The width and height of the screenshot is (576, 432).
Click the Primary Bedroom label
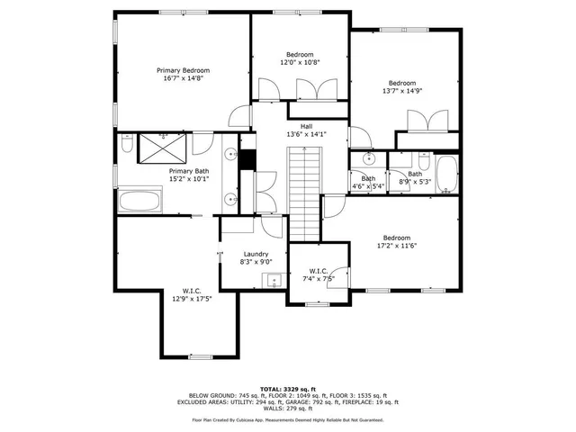click(183, 70)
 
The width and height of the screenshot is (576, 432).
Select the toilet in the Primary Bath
click(127, 145)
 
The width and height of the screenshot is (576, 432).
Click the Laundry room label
click(255, 255)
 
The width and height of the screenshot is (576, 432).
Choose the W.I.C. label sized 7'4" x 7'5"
click(319, 271)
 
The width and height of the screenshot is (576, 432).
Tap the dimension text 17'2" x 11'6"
click(396, 246)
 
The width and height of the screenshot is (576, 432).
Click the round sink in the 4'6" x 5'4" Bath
click(368, 159)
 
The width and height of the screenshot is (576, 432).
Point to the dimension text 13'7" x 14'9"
click(402, 91)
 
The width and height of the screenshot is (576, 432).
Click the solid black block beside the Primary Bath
click(247, 157)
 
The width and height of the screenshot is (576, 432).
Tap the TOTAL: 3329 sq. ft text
click(287, 388)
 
